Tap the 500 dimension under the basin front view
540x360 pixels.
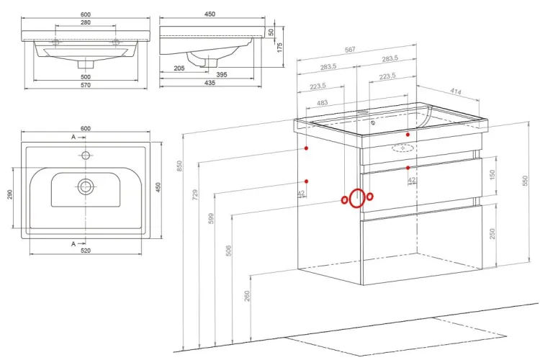click(x=86, y=76)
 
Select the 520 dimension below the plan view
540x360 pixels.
click(x=86, y=253)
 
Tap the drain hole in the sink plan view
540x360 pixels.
click(x=86, y=186)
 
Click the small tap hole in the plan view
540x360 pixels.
click(x=86, y=155)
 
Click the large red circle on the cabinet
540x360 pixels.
click(x=356, y=197)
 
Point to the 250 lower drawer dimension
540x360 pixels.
click(x=491, y=235)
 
